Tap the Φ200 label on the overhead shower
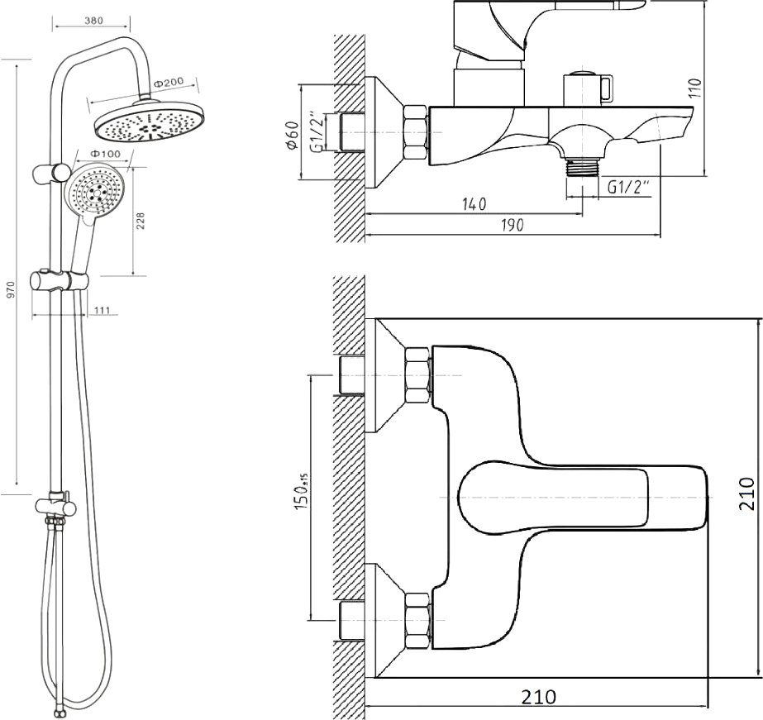pos(169,83)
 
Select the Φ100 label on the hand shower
pos(106,154)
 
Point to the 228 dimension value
pos(141,221)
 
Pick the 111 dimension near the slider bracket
pos(103,310)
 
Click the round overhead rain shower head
pos(150,122)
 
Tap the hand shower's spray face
pos(96,191)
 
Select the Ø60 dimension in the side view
pos(293,136)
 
